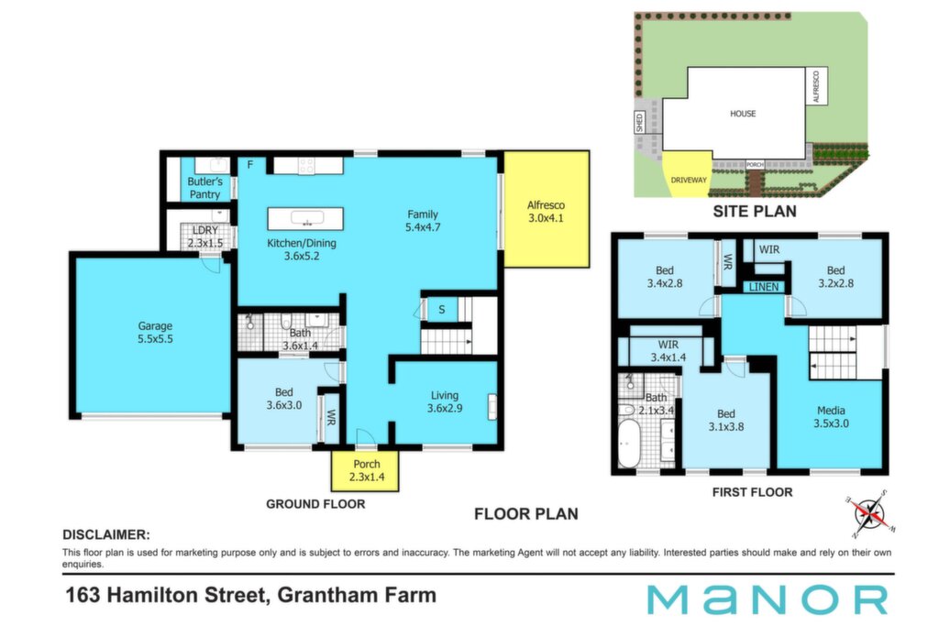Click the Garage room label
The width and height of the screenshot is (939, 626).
pos(155,332)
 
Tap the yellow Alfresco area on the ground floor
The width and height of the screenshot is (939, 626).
pos(547,209)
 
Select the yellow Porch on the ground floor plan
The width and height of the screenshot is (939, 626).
pos(365,470)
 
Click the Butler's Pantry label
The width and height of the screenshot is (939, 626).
pos(204,188)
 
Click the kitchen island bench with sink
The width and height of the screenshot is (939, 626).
pos(305,218)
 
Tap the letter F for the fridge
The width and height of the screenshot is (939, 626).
pos(250,165)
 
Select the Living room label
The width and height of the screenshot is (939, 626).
pos(445,401)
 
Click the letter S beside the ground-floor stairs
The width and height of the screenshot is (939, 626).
pos(441,310)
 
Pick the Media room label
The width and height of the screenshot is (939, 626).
pos(831,416)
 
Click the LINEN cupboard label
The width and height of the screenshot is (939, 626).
pos(764,287)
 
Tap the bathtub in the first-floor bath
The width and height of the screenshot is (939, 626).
pos(629,444)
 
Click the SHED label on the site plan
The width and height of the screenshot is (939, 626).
pos(639,122)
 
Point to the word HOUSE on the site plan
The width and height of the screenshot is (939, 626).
pos(743,114)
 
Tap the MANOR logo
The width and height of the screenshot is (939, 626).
pos(768,600)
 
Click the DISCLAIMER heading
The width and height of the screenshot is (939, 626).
pos(106,535)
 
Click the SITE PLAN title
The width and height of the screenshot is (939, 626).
pos(755,211)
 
